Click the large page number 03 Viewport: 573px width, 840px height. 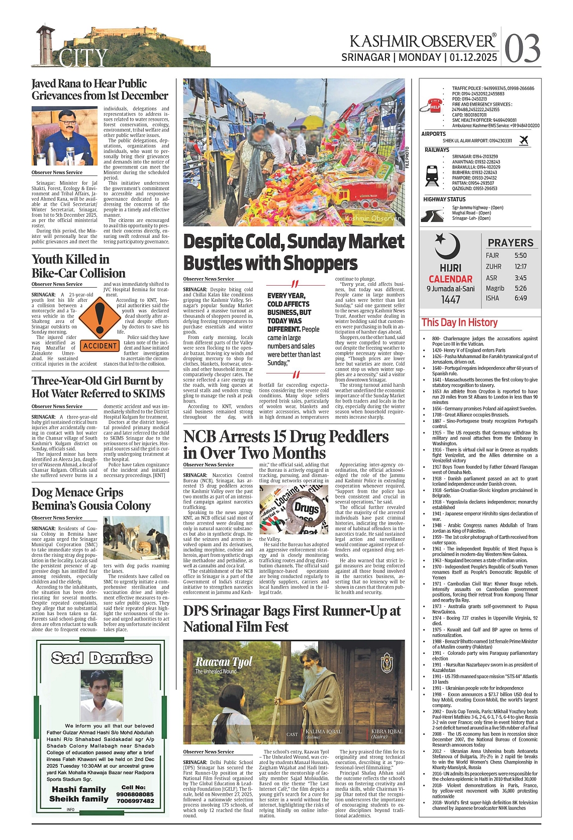[522, 48]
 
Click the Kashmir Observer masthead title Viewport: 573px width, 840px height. [422, 41]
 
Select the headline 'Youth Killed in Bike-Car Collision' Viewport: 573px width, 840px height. [78, 266]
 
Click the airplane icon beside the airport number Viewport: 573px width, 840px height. [524, 140]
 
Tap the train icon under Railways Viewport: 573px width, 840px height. [432, 175]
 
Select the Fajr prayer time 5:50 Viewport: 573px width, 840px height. [520, 256]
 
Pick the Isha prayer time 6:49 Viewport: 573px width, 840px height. [520, 298]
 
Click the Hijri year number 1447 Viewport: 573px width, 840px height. [450, 300]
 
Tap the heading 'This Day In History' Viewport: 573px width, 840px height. [459, 322]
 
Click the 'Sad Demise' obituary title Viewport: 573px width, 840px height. [102, 658]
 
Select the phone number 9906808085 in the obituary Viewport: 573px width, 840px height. [135, 794]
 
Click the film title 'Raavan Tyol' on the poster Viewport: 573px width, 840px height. [223, 662]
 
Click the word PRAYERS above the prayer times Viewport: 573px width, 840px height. [510, 242]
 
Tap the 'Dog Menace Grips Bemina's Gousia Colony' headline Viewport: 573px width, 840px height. [91, 499]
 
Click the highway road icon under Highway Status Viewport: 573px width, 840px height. [432, 215]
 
